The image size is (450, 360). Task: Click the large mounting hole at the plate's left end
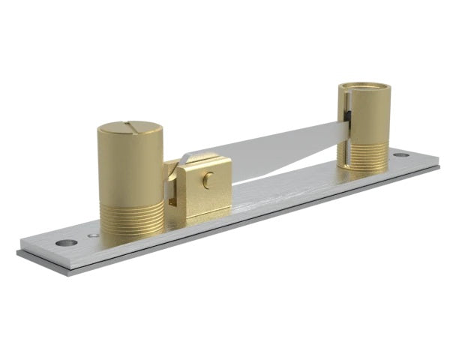[66, 243]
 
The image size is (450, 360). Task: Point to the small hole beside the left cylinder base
[92, 235]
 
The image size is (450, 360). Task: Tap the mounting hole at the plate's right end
[401, 154]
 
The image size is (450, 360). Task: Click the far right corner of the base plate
[438, 166]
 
